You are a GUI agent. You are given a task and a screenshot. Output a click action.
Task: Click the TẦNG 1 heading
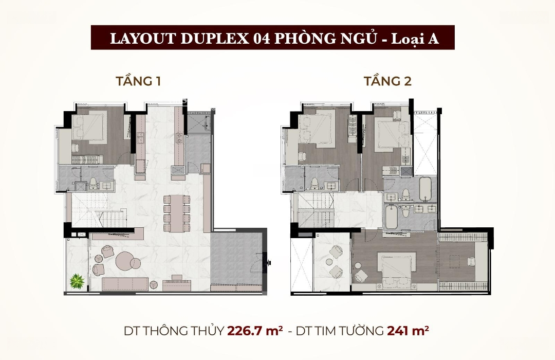pos(138,81)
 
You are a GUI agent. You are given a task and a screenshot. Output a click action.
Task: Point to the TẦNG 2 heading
pos(388,81)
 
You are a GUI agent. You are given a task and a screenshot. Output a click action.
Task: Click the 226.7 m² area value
pos(255,331)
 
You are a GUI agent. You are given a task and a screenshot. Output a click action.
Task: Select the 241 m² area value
pos(408,331)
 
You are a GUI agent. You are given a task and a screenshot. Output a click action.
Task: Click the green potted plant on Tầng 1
pos(77,282)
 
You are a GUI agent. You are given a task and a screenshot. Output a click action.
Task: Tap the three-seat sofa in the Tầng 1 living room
pos(125,284)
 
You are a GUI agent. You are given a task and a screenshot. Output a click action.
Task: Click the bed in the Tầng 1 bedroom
pos(89,128)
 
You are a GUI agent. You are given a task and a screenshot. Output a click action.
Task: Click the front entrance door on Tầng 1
pos(264,263)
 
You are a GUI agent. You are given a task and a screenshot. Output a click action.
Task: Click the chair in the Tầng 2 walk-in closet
pos(472,261)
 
